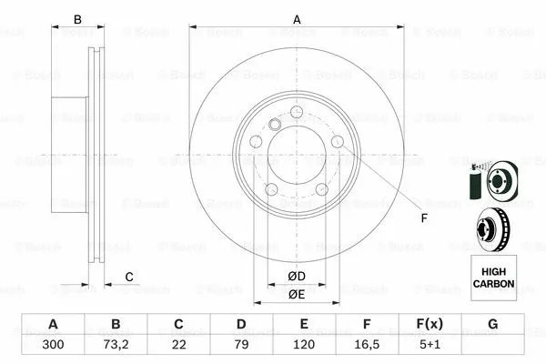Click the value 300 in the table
pyautogui.click(x=53, y=346)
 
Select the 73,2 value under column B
pyautogui.click(x=116, y=346)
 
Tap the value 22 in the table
pyautogui.click(x=178, y=346)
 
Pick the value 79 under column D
pyautogui.click(x=241, y=346)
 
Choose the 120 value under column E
pyautogui.click(x=304, y=346)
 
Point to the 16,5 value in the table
pyautogui.click(x=367, y=346)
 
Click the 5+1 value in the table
pyautogui.click(x=430, y=346)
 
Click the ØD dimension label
pyautogui.click(x=296, y=276)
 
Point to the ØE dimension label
pyautogui.click(x=296, y=294)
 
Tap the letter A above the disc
pyautogui.click(x=296, y=18)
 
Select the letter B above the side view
pyautogui.click(x=78, y=19)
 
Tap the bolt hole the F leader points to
pyautogui.click(x=338, y=142)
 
